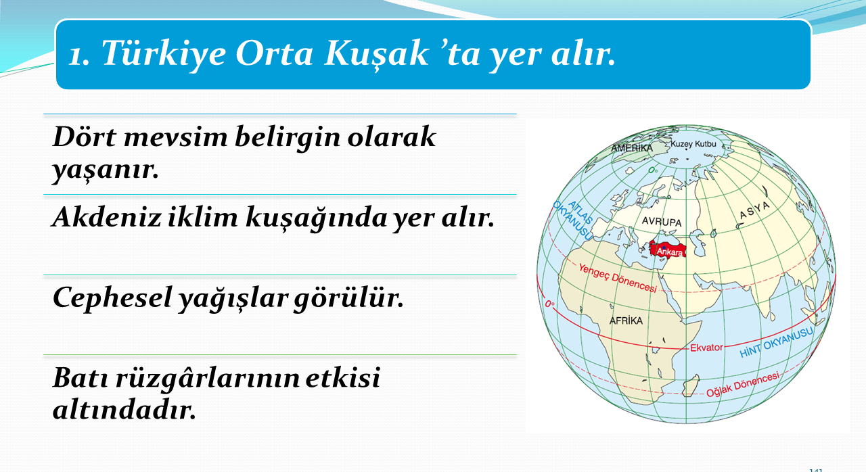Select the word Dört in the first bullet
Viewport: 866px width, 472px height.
[85, 137]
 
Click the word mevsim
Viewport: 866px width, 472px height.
[175, 137]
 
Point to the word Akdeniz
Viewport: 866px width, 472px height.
[106, 216]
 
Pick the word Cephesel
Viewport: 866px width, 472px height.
[112, 298]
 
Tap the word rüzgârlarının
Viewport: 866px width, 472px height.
[208, 377]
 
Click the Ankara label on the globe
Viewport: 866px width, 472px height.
[670, 252]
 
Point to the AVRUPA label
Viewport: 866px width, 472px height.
[662, 222]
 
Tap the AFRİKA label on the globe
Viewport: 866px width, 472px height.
[626, 321]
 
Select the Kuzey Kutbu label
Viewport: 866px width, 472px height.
[693, 143]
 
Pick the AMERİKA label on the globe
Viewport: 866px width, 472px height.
[632, 148]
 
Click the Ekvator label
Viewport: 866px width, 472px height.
[706, 348]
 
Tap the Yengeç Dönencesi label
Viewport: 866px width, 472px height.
[618, 278]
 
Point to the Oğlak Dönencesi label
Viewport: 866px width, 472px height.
[743, 384]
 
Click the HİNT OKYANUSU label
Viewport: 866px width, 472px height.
[776, 342]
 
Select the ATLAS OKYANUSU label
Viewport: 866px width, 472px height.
[574, 219]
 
